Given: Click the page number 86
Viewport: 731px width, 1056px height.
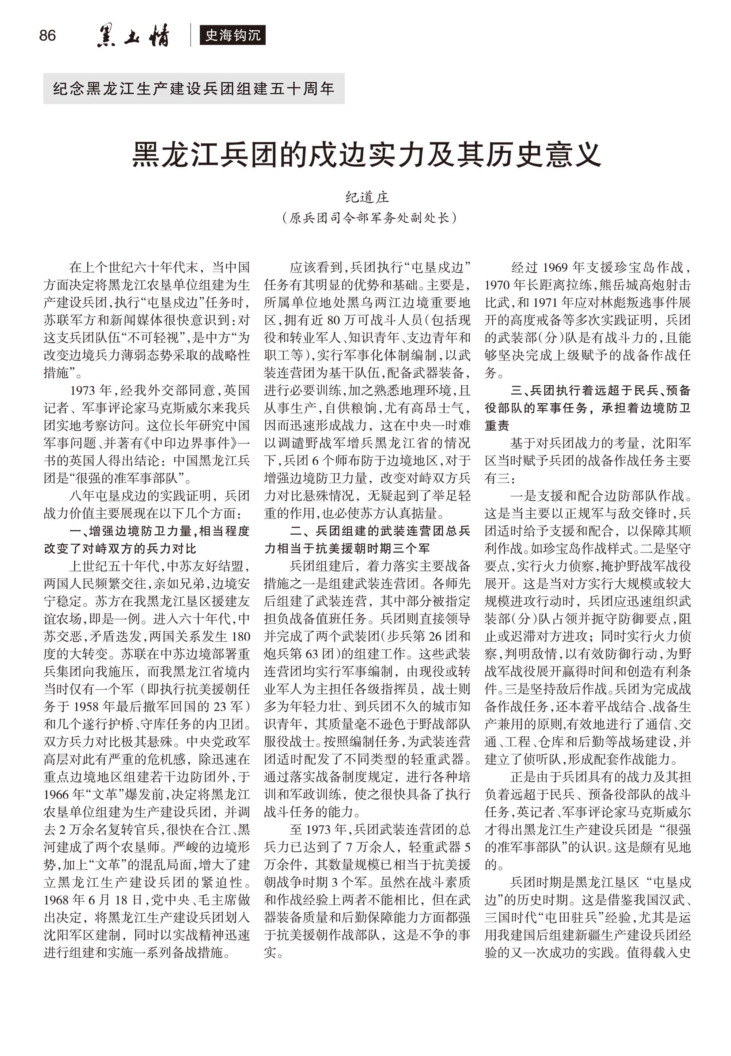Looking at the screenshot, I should [x=48, y=35].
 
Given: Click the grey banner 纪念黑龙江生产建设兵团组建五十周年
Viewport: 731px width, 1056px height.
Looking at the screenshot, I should [x=194, y=88].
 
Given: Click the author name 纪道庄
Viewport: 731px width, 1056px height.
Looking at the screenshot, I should [x=367, y=197].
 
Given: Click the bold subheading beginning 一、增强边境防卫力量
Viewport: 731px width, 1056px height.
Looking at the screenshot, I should [x=147, y=539].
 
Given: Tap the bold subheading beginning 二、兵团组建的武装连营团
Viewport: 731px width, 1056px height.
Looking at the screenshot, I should [x=367, y=539].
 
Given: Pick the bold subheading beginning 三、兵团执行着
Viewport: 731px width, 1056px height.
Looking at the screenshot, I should [x=588, y=408].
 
